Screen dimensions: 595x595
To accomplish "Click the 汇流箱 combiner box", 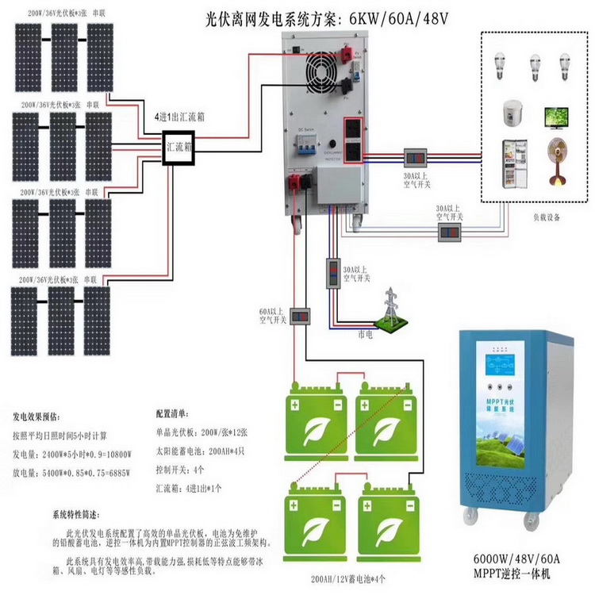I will click(x=179, y=148).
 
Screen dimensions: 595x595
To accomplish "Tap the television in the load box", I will click(x=555, y=117).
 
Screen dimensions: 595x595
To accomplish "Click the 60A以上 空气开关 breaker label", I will click(x=272, y=316).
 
